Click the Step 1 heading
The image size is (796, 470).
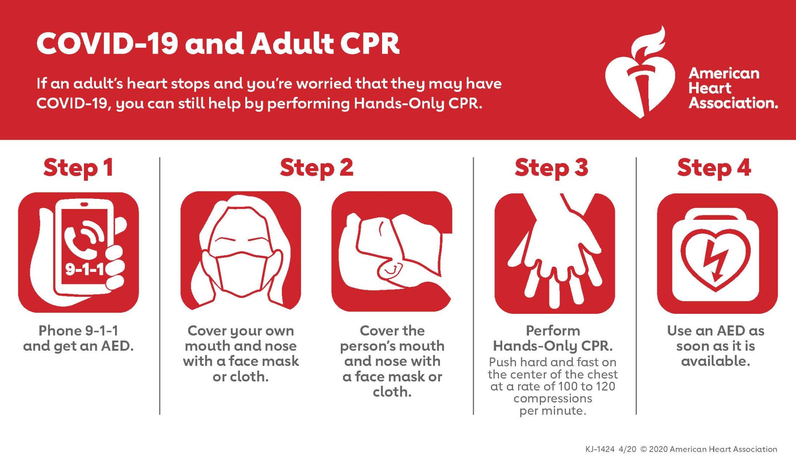click(78, 168)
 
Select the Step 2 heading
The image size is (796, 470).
click(316, 168)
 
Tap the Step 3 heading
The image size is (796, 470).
click(551, 168)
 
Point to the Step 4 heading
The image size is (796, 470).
click(714, 168)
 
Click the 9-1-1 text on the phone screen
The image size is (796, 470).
click(84, 269)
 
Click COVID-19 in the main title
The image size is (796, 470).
click(107, 44)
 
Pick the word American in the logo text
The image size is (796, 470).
click(724, 73)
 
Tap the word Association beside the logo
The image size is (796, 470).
click(733, 103)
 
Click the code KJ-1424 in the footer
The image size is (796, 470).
click(600, 449)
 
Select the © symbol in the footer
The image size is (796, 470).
click(644, 449)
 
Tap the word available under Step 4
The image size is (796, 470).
click(716, 361)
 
